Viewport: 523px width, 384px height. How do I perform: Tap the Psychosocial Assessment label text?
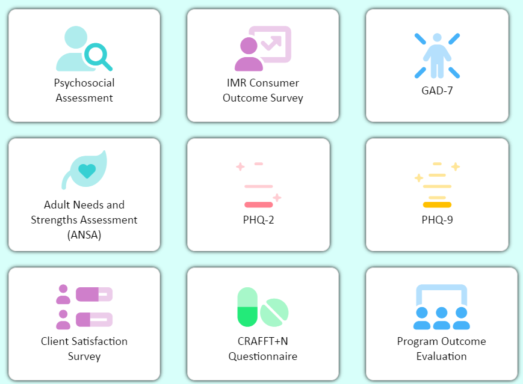point(84,90)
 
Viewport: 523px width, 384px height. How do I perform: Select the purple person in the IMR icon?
point(248,54)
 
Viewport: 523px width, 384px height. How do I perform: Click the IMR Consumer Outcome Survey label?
point(263,90)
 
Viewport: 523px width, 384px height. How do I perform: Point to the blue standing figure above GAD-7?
point(437,55)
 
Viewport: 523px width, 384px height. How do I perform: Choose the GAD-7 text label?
point(437,91)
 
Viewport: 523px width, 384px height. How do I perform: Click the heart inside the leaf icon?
point(87,171)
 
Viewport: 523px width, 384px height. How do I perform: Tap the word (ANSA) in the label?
point(84,235)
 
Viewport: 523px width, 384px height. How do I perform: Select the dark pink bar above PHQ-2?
point(259,205)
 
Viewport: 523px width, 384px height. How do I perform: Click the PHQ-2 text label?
point(259,220)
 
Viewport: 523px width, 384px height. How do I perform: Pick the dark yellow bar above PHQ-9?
point(437,205)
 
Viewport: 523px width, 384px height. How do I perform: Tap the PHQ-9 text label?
point(437,220)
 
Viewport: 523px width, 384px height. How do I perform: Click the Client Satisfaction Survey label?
point(84,349)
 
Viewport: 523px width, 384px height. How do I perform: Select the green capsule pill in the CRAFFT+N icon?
point(247,306)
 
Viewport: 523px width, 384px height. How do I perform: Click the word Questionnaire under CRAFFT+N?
point(263,356)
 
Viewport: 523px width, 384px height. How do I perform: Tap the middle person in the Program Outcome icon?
point(442,317)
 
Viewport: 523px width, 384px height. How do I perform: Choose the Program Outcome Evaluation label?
point(442,349)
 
